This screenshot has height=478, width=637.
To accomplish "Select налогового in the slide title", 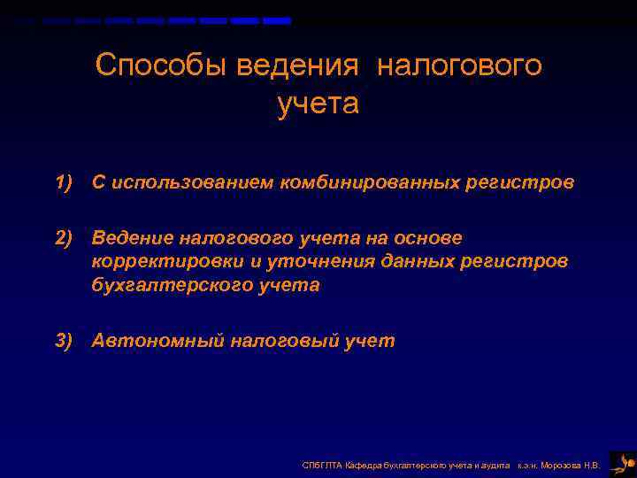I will (x=459, y=66).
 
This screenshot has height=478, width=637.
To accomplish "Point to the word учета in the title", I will (x=318, y=104).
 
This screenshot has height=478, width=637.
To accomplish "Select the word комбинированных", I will (x=371, y=182).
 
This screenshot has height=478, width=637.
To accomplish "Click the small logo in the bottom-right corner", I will (x=623, y=463).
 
